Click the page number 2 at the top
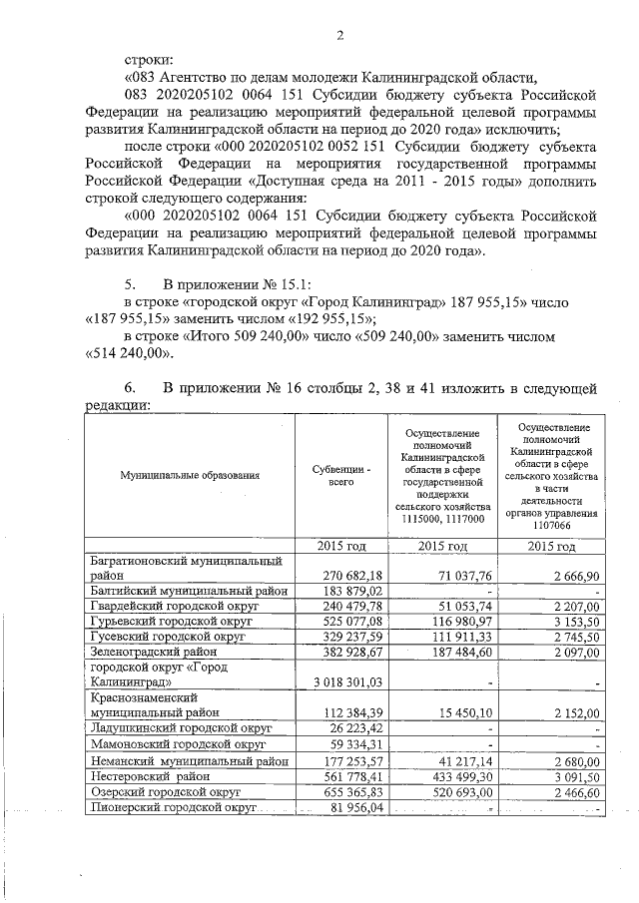(x=339, y=38)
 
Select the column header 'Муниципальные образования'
(x=191, y=475)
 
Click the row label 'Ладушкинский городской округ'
(x=180, y=728)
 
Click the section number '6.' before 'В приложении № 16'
(x=131, y=387)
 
